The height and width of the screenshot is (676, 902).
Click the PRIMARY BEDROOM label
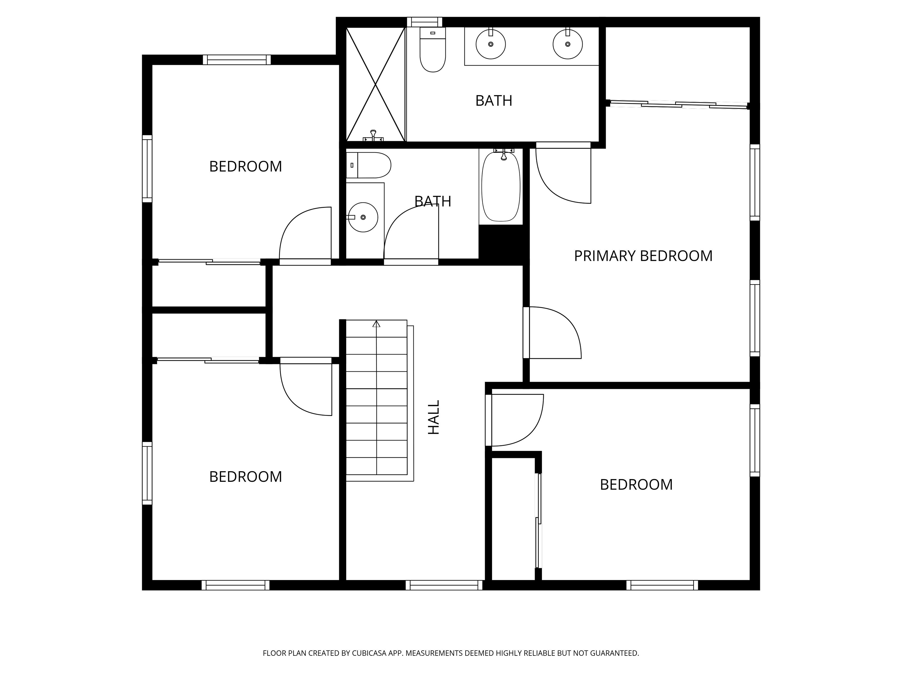coord(643,256)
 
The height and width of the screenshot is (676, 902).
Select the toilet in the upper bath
coord(433,49)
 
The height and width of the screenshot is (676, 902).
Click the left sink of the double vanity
coord(491,44)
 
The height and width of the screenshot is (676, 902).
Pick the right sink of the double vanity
coord(567,44)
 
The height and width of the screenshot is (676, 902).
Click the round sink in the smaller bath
coord(363,217)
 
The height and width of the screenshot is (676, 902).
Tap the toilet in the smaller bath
coord(368,165)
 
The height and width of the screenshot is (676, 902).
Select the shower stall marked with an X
coord(376,84)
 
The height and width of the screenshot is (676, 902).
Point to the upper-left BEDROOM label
coord(245,166)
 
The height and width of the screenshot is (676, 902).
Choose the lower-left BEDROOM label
coord(245,476)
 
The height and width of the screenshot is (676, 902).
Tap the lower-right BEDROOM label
coord(636,484)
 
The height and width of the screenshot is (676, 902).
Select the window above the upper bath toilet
coord(425,22)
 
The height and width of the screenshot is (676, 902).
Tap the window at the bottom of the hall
coord(444,585)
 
